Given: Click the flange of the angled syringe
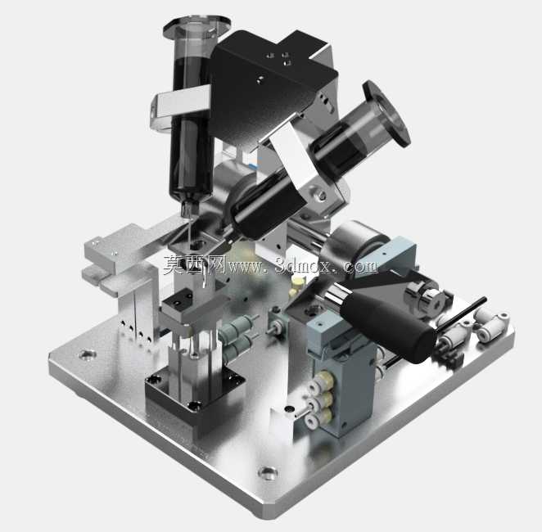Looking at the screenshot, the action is click(386, 113).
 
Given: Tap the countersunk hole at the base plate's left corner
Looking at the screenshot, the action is click(87, 354).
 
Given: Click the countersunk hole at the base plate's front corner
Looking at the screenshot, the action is click(268, 472).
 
